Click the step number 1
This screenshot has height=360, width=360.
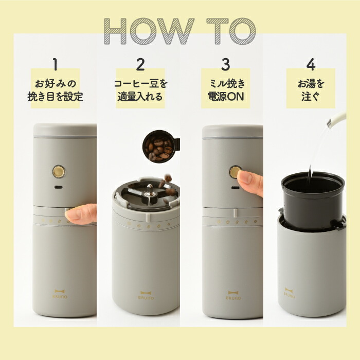(55, 64)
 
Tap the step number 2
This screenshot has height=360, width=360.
(140, 64)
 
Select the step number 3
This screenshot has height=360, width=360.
(225, 64)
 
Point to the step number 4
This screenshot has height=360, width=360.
(310, 64)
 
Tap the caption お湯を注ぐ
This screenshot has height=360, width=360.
(310, 89)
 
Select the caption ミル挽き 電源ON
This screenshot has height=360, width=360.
(225, 89)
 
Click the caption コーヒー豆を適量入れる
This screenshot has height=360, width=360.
(140, 89)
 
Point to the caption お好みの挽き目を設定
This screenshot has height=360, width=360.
(55, 89)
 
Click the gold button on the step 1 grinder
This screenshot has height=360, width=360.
(59, 171)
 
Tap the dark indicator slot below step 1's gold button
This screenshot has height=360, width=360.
(59, 186)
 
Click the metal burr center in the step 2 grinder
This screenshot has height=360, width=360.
(148, 194)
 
